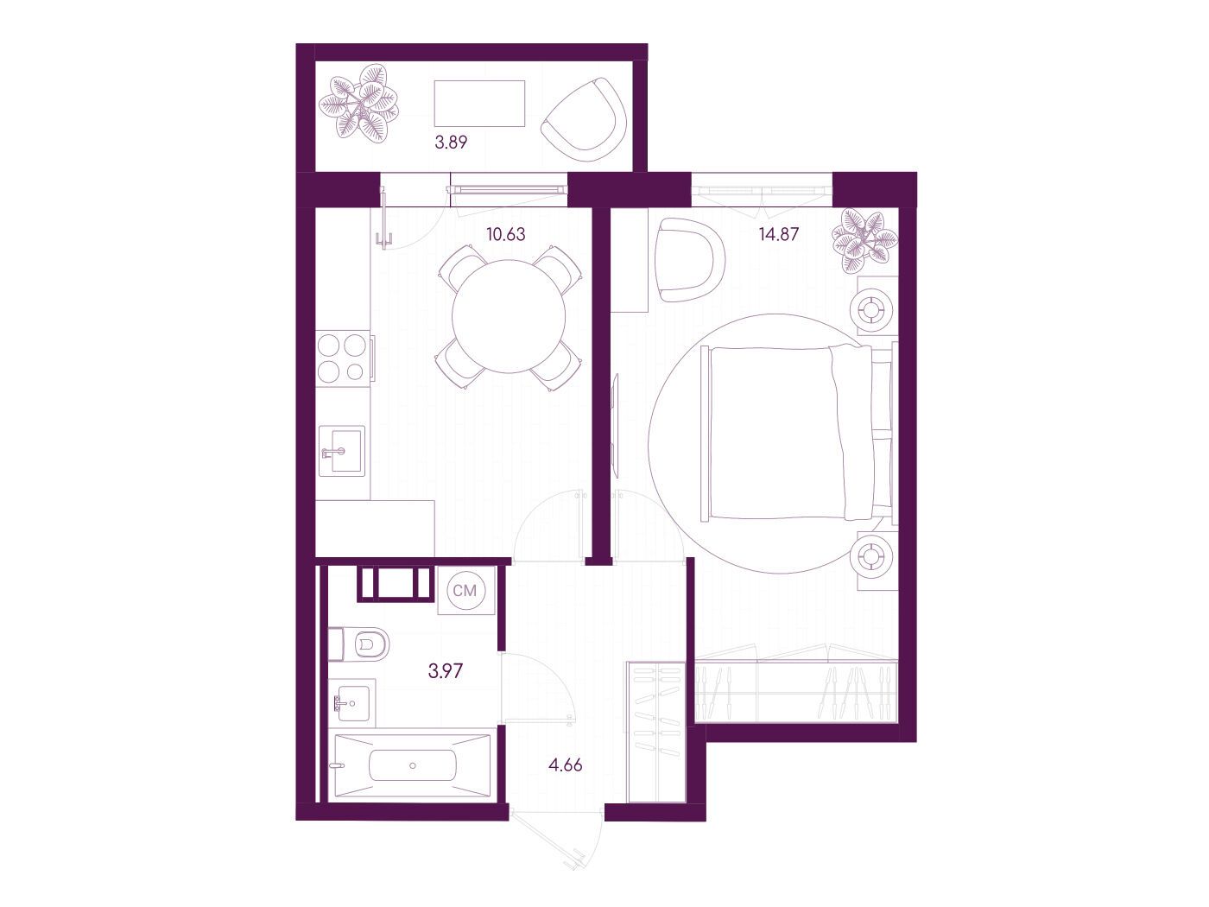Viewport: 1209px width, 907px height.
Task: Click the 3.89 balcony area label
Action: coord(451,143)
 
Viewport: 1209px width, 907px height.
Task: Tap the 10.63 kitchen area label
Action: coord(506,235)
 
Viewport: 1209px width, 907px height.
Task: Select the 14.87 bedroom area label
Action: coord(778,235)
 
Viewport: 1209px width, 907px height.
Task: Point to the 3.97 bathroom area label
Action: coord(445,671)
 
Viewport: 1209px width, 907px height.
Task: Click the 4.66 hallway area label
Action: coord(565,765)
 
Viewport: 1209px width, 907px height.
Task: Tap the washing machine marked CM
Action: coord(466,591)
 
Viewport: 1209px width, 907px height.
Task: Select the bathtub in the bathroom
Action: coord(413,765)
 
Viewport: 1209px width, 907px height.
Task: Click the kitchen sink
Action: coord(341,451)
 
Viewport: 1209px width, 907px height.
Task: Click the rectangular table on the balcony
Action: coord(479,104)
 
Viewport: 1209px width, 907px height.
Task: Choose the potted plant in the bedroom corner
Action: coord(864,241)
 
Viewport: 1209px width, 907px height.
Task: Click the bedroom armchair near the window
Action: coord(691,259)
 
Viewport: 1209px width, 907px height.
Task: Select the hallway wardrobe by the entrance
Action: coord(656,732)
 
